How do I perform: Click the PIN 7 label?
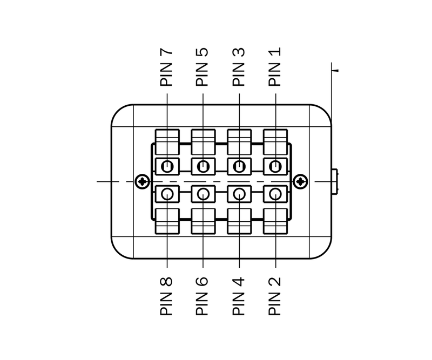pyautogui.click(x=166, y=67)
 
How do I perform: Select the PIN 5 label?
pyautogui.click(x=202, y=67)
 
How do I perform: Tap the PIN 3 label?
pyautogui.click(x=238, y=67)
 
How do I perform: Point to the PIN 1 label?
pyautogui.click(x=274, y=67)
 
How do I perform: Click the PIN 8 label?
pyautogui.click(x=166, y=296)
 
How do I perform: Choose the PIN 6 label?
pyautogui.click(x=202, y=296)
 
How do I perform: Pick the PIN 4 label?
pyautogui.click(x=238, y=296)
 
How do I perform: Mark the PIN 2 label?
pyautogui.click(x=274, y=296)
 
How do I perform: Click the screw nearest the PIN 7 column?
pyautogui.click(x=143, y=181)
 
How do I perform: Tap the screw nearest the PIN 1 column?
pyautogui.click(x=300, y=181)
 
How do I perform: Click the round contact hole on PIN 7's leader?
pyautogui.click(x=167, y=166)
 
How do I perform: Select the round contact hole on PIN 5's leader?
pyautogui.click(x=204, y=166)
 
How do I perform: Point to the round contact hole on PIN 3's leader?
pyautogui.click(x=239, y=166)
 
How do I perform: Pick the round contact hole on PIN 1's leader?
pyautogui.click(x=275, y=166)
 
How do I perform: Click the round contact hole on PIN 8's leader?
pyautogui.click(x=167, y=194)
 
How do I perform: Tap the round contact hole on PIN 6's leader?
pyautogui.click(x=204, y=194)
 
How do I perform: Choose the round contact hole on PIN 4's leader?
pyautogui.click(x=239, y=194)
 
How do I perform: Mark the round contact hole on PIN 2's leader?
pyautogui.click(x=275, y=194)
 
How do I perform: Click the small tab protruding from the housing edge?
pyautogui.click(x=335, y=181)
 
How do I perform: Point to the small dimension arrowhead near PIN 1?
pyautogui.click(x=335, y=71)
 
